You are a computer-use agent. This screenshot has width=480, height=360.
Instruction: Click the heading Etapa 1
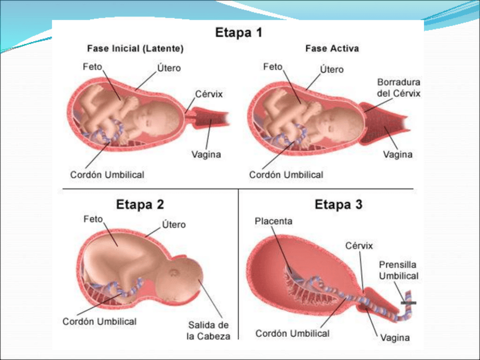(239, 32)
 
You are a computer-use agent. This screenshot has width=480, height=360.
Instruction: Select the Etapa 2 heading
(140, 204)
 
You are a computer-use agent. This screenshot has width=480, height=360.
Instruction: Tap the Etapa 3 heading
(338, 204)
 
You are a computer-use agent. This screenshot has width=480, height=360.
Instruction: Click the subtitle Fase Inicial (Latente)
(135, 49)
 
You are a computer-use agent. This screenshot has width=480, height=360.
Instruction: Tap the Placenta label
(273, 221)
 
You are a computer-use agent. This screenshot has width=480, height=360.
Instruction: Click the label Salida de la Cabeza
(208, 331)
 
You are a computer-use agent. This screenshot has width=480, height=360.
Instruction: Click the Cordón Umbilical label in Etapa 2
(99, 322)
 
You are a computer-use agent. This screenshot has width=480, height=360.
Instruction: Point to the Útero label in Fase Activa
(332, 70)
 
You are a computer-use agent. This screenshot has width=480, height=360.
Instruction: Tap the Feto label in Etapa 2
(92, 218)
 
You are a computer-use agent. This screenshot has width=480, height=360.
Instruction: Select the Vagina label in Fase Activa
(398, 154)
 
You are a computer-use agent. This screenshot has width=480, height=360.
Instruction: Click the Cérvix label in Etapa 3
(359, 246)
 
